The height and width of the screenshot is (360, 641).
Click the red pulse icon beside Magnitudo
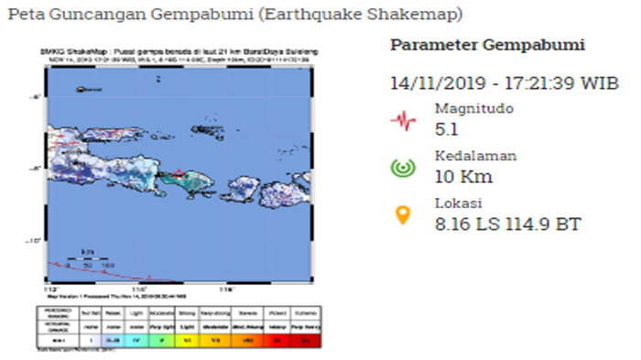click(x=400, y=119)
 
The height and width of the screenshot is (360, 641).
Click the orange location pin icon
click(x=400, y=215)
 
